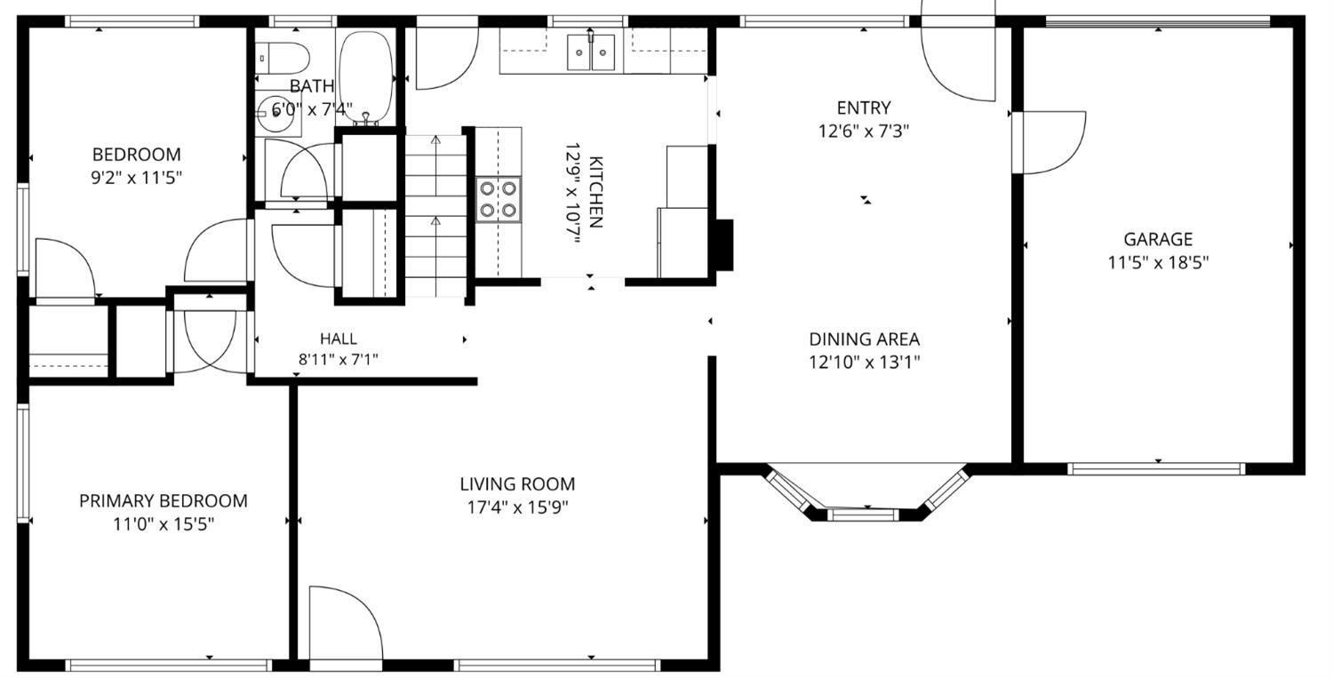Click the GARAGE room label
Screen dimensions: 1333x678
[x=1157, y=239]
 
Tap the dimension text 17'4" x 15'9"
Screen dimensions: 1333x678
[x=518, y=507]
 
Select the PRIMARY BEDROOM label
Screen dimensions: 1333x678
[x=163, y=501]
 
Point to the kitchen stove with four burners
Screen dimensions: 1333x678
[x=498, y=199]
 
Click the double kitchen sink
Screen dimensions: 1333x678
[x=590, y=52]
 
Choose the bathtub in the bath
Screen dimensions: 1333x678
[x=366, y=76]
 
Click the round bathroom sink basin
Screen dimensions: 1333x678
[x=276, y=113]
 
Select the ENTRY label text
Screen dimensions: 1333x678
[x=864, y=108]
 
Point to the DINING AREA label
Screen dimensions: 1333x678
[x=864, y=339]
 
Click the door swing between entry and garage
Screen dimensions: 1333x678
[x=1050, y=142]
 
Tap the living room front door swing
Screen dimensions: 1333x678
[x=346, y=623]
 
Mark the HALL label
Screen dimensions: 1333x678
[x=339, y=339]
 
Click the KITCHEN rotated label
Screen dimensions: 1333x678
[x=595, y=192]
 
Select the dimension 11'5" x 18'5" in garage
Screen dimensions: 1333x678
[x=1158, y=262]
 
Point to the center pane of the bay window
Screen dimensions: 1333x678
[x=862, y=514]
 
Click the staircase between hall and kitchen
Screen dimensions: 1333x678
[x=435, y=215]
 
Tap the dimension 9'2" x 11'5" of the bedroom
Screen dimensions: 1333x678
[x=136, y=178]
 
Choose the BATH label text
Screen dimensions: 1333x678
[x=312, y=86]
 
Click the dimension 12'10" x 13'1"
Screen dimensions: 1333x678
[x=864, y=363]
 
